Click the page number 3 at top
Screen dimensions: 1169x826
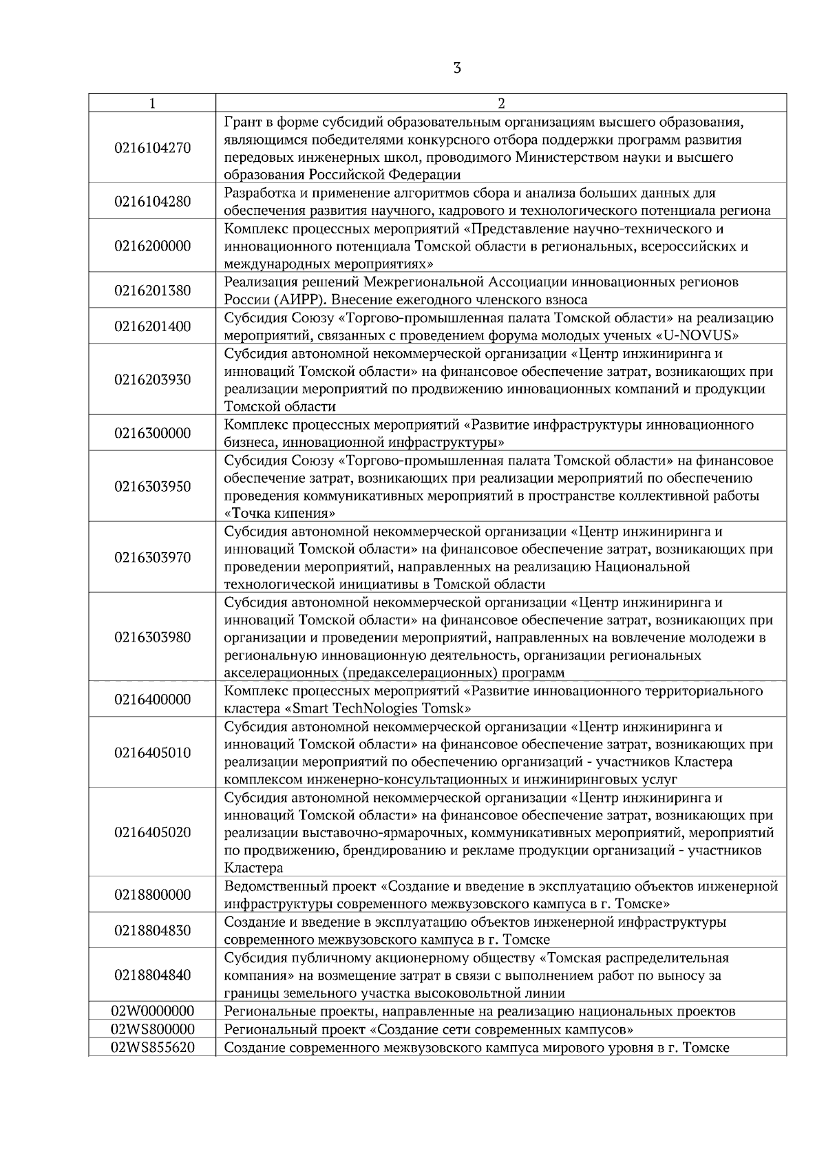[457, 68]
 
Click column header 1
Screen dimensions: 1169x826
[152, 103]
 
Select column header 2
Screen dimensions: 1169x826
[501, 103]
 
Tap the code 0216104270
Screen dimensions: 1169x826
[152, 148]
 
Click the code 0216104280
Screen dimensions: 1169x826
[152, 202]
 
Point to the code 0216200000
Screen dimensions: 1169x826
[152, 246]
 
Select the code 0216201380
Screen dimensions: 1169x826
[152, 291]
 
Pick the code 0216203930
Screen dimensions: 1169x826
[152, 380]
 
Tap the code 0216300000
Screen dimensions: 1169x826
[152, 433]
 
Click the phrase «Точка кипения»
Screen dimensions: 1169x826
[281, 514]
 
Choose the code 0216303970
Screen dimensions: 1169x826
[152, 558]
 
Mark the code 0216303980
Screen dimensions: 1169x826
[152, 637]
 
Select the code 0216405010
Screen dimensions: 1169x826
[152, 752]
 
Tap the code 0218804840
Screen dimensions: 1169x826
[152, 975]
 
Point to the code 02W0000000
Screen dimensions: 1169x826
[152, 1011]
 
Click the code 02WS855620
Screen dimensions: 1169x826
[152, 1048]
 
